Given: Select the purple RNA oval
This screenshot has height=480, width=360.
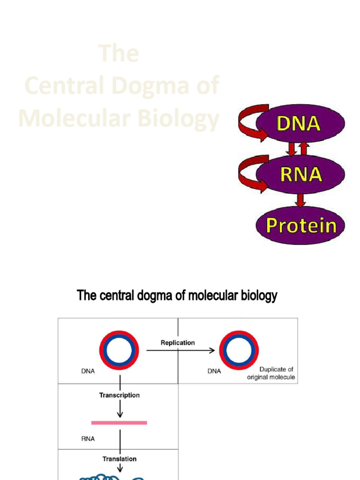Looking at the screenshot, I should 300,174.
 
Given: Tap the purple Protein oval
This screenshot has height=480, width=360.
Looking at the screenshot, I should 300,225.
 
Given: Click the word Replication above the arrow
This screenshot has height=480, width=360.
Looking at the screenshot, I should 178,343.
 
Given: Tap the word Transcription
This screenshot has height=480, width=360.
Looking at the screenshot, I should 119,395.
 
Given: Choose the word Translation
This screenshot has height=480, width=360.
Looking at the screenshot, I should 119,459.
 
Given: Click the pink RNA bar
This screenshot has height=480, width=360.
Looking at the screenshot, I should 119,423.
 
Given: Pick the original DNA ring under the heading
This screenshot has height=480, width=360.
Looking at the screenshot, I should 119,350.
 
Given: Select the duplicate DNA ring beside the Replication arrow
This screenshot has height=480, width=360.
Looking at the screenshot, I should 239,350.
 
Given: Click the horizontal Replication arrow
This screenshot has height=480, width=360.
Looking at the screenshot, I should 180,350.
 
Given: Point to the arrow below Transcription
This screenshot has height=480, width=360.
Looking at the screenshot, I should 120,409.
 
